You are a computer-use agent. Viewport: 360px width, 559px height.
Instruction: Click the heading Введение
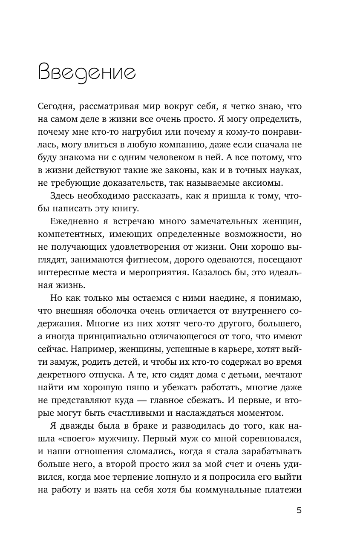tap(86, 73)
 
